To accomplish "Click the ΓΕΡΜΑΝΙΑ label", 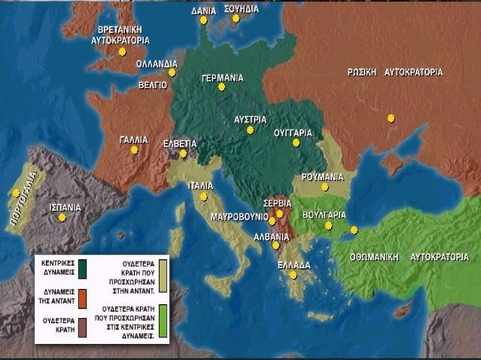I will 222,77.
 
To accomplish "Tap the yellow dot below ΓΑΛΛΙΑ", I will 134,150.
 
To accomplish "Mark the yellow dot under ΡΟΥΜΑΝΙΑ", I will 325,187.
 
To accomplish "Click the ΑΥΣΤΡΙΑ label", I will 250,119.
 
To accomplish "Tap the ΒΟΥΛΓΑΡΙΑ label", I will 324,214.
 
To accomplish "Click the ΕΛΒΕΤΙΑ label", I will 180,142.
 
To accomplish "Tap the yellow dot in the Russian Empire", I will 391,117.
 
